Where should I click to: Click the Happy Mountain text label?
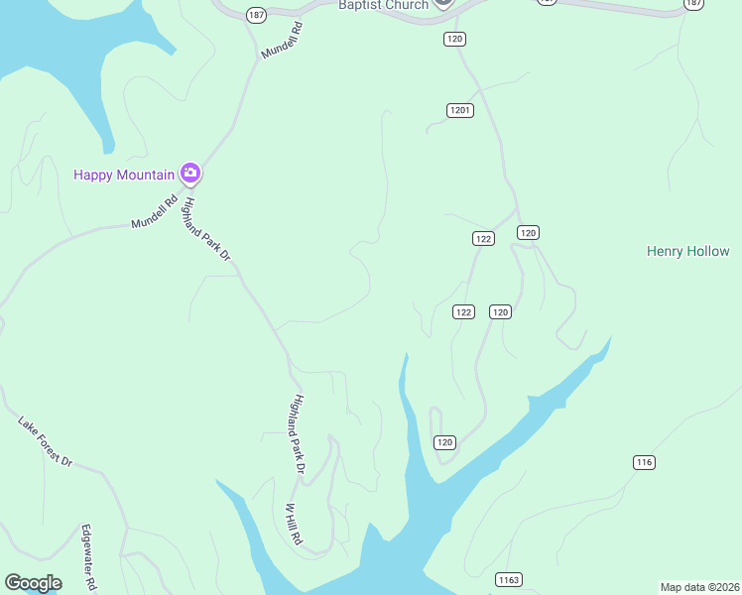click(125, 175)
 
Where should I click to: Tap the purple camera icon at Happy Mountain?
click(190, 174)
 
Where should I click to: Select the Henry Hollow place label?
click(687, 252)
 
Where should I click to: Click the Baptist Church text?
click(383, 5)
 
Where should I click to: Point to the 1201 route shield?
click(458, 110)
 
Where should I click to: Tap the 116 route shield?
click(645, 462)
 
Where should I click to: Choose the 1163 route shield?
click(509, 579)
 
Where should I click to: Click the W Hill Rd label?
click(294, 528)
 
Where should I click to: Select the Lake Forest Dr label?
click(46, 441)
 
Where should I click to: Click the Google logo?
click(33, 583)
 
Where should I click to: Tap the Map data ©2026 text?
click(699, 586)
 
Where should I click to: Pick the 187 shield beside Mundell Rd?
click(256, 15)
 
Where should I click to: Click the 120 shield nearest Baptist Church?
click(454, 39)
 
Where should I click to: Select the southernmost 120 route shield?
click(443, 442)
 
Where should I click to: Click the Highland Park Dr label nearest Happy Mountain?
click(207, 229)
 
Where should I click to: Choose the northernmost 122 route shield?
click(482, 238)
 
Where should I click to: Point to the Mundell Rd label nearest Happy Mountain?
click(154, 212)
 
